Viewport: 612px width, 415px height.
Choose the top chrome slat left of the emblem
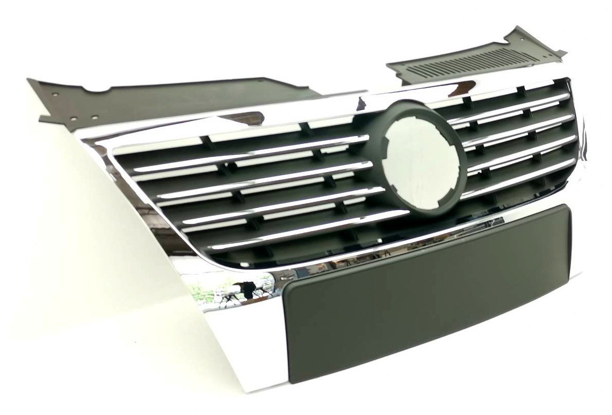pos(251,153)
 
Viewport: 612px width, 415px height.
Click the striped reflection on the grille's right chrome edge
pos(582,154)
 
